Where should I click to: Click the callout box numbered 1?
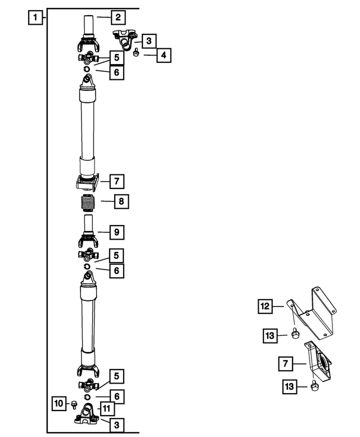coord(35,17)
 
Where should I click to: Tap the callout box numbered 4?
coord(163,55)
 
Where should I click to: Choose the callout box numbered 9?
coord(116,231)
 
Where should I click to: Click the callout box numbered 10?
coord(59,403)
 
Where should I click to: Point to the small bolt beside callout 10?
coord(74,403)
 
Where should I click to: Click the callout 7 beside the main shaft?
coord(116,181)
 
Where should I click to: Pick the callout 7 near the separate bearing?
coord(286,364)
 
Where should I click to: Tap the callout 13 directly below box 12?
coord(270,336)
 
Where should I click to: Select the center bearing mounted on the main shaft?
coord(87,181)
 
